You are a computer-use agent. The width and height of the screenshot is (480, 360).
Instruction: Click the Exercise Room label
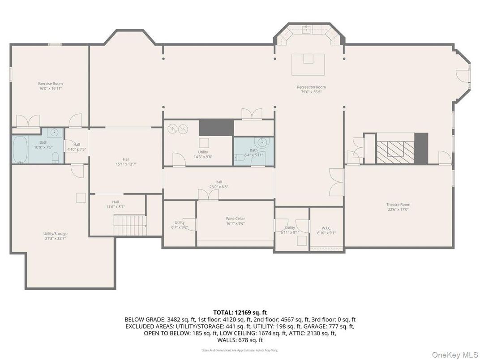pyautogui.click(x=50, y=84)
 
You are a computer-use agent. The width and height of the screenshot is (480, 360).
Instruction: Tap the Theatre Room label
pyautogui.click(x=398, y=205)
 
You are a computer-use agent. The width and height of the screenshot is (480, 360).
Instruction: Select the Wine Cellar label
pyautogui.click(x=235, y=219)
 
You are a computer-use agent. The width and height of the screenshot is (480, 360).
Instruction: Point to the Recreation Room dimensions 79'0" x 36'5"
pyautogui.click(x=311, y=92)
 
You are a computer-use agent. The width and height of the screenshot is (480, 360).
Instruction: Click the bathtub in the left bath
pyautogui.click(x=20, y=150)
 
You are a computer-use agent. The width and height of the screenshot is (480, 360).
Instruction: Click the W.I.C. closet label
pyautogui.click(x=326, y=228)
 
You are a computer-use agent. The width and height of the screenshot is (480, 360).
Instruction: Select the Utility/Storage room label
pyautogui.click(x=56, y=234)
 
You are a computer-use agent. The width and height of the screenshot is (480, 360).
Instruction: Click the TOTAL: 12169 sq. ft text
pyautogui.click(x=240, y=312)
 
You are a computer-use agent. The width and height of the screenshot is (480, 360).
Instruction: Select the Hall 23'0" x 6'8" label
pyautogui.click(x=219, y=182)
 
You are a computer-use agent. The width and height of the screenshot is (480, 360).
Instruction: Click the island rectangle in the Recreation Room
pyautogui.click(x=308, y=64)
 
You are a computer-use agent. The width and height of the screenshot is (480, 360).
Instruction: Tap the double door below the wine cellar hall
pyautogui.click(x=209, y=194)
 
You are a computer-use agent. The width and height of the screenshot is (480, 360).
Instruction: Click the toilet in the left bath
pyautogui.click(x=56, y=156)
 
